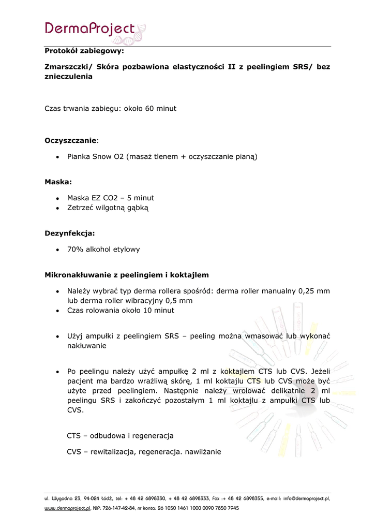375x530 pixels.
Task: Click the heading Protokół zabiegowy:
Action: point(84,51)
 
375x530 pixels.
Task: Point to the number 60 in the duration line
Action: point(150,109)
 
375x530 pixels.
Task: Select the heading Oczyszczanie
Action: point(70,140)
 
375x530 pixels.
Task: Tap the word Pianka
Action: point(79,156)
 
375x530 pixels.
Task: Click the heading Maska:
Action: point(58,182)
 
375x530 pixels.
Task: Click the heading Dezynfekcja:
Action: point(70,233)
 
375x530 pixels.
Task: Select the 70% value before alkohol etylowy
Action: point(75,249)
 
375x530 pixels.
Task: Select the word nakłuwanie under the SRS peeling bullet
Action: point(86,346)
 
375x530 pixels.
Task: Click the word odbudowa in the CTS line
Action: point(107,436)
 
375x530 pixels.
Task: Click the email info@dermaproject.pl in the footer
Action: point(298,498)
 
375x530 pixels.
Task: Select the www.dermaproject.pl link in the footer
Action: point(67,508)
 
